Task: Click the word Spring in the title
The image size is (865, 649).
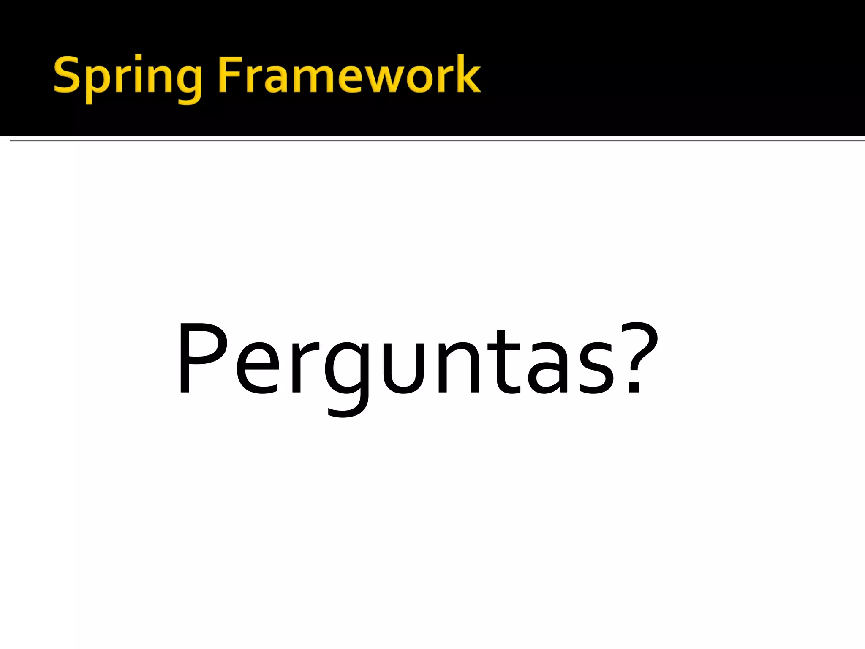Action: pyautogui.click(x=127, y=76)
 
